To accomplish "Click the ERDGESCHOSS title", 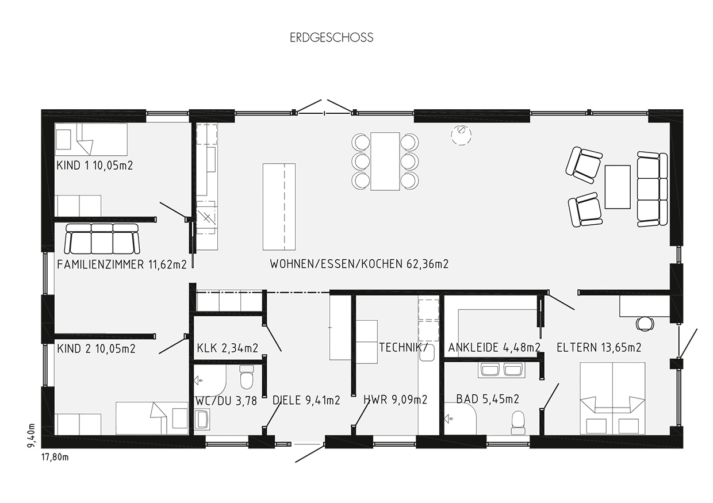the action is pyautogui.click(x=331, y=37).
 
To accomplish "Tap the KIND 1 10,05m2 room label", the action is pyautogui.click(x=94, y=166).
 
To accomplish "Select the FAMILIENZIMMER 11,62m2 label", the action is pyautogui.click(x=121, y=264).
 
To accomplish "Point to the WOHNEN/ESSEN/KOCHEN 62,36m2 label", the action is pyautogui.click(x=359, y=264).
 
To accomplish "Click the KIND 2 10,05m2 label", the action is pyautogui.click(x=96, y=349).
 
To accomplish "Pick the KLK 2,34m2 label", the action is pyautogui.click(x=227, y=348).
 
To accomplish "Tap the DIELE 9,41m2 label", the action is pyautogui.click(x=306, y=400).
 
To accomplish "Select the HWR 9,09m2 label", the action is pyautogui.click(x=395, y=400).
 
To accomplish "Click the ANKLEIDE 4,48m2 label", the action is pyautogui.click(x=494, y=347).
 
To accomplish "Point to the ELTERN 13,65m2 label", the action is pyautogui.click(x=599, y=347).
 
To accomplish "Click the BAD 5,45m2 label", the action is pyautogui.click(x=488, y=399).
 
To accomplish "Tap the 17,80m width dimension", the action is pyautogui.click(x=55, y=458).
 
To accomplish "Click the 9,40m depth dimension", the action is pyautogui.click(x=31, y=435).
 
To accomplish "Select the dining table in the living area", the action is pyautogui.click(x=385, y=162).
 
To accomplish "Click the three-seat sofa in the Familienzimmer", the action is pyautogui.click(x=102, y=239).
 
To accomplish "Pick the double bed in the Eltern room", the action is pyautogui.click(x=612, y=398).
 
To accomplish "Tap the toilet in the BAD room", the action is pyautogui.click(x=518, y=423).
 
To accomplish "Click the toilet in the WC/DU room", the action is pyautogui.click(x=247, y=377).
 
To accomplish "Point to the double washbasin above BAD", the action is pyautogui.click(x=501, y=370).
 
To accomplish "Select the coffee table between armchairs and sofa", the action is pyautogui.click(x=618, y=187).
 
